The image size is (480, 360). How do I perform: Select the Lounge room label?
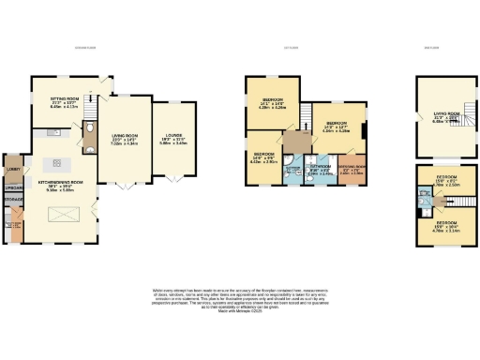pyautogui.click(x=176, y=139)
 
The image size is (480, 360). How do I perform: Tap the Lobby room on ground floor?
pyautogui.click(x=12, y=169)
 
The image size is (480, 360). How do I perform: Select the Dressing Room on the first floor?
pyautogui.click(x=352, y=172)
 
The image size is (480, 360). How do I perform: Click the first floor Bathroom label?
pyautogui.click(x=292, y=171)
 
